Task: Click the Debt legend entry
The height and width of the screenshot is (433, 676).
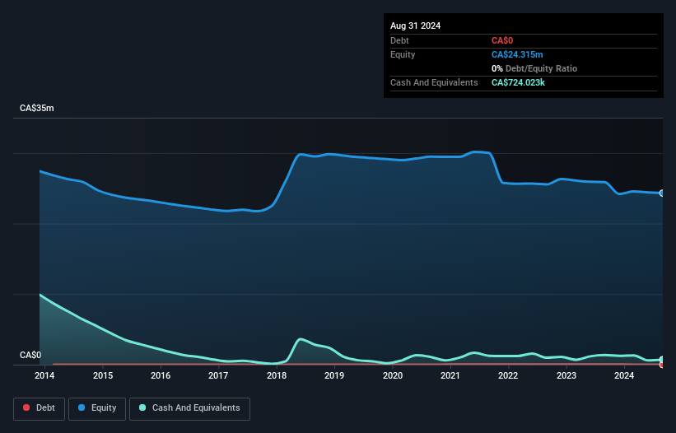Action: point(39,407)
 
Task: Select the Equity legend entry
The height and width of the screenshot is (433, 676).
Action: point(97,407)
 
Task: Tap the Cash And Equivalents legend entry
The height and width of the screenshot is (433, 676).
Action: point(189,407)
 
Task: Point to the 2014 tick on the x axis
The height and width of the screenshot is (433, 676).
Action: point(44,376)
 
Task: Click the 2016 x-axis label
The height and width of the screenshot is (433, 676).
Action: point(161,376)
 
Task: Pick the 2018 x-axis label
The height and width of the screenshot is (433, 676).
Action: point(277,376)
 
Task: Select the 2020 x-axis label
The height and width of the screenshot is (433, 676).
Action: point(393,376)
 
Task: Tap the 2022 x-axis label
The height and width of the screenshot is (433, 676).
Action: point(508,376)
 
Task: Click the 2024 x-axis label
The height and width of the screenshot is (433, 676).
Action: point(624,376)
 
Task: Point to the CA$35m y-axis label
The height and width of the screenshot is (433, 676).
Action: point(36,109)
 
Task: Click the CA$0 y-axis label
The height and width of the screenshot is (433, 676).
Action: point(30,356)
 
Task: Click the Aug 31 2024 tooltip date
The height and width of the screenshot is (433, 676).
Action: point(415,26)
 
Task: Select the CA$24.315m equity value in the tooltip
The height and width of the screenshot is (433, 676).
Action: point(517,54)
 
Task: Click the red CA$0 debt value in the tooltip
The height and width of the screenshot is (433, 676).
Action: point(503,40)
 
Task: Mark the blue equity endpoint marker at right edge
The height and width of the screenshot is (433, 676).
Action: point(662,193)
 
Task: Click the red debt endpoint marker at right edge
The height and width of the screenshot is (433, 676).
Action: point(662,365)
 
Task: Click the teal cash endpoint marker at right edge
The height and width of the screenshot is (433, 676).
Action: point(662,360)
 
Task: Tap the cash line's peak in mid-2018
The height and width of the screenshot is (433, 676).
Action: point(301,339)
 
